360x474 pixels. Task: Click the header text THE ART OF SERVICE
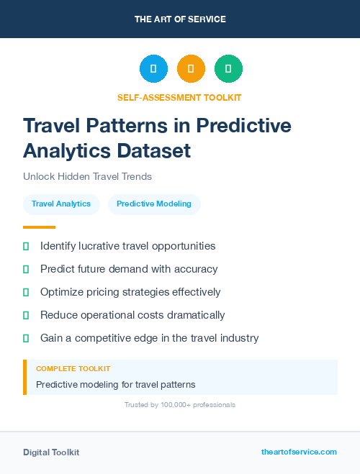(180, 19)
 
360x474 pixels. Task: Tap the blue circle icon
(153, 69)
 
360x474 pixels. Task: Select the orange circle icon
(191, 69)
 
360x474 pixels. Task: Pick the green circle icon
(228, 69)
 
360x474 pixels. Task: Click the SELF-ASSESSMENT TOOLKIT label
(179, 97)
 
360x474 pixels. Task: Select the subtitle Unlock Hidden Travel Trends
(87, 176)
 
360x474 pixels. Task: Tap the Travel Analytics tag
(61, 204)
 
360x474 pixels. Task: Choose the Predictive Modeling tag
(154, 204)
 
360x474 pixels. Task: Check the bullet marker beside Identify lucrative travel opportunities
(26, 246)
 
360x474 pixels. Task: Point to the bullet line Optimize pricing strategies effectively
(130, 292)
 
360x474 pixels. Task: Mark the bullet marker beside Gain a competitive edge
(26, 338)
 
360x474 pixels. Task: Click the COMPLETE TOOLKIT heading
(73, 368)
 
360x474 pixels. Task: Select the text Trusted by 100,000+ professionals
(180, 405)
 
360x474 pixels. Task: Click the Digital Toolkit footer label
(51, 452)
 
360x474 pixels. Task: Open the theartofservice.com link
(299, 452)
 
